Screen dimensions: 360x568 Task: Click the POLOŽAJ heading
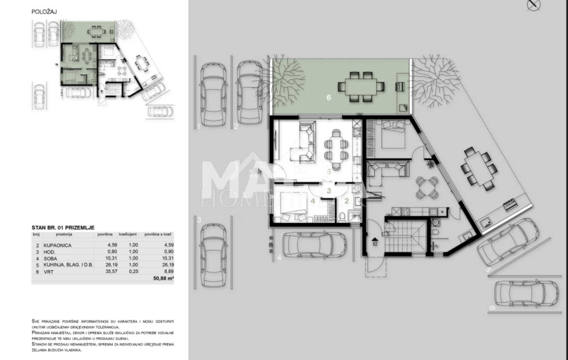(x=44, y=12)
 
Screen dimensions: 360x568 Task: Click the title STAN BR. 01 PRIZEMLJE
(x=63, y=228)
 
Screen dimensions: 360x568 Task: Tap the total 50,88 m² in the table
(x=162, y=278)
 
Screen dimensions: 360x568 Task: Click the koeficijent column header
(x=128, y=234)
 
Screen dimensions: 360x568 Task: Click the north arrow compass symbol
(x=533, y=5)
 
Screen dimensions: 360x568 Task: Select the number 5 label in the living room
(x=328, y=171)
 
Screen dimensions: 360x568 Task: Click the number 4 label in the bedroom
(x=312, y=201)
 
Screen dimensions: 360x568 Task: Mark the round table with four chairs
(x=427, y=188)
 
